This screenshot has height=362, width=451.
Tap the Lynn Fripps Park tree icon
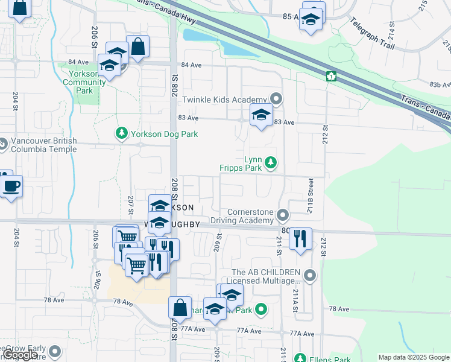click(271, 162)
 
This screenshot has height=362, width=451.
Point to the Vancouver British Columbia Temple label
click(43, 145)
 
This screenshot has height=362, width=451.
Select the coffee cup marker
click(11, 185)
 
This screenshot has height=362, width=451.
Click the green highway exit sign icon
click(330, 76)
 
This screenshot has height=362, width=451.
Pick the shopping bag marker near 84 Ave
click(138, 46)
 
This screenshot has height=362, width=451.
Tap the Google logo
click(20, 355)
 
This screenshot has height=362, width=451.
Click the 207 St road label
click(131, 205)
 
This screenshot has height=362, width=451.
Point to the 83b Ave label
click(438, 86)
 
